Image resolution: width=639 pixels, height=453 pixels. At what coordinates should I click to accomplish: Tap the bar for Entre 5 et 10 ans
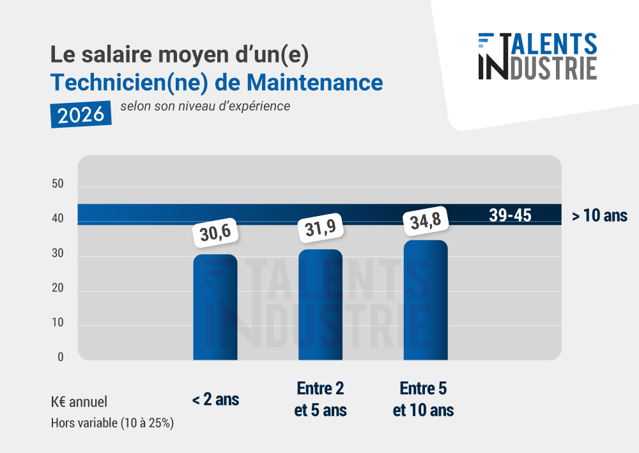click(x=426, y=300)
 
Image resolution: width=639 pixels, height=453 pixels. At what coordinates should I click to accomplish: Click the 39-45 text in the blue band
click(x=510, y=215)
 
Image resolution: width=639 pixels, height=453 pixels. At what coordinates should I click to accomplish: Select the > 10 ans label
click(x=599, y=216)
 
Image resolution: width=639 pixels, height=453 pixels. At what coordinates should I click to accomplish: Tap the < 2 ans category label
click(x=215, y=401)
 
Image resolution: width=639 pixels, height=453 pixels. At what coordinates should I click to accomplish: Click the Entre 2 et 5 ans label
click(x=320, y=399)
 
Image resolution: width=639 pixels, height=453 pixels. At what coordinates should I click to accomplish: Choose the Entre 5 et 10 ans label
click(x=423, y=399)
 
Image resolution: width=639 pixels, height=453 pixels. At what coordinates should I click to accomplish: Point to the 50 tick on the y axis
click(x=58, y=185)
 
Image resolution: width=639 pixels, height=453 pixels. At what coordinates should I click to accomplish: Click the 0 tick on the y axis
click(x=61, y=357)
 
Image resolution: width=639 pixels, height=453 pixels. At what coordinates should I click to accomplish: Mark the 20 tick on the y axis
click(x=58, y=288)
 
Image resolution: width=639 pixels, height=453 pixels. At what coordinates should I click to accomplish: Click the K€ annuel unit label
click(x=79, y=402)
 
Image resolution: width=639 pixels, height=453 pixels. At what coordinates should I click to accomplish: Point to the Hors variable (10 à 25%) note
click(x=112, y=422)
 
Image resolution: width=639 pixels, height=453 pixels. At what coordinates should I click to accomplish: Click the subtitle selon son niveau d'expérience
click(x=204, y=106)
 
